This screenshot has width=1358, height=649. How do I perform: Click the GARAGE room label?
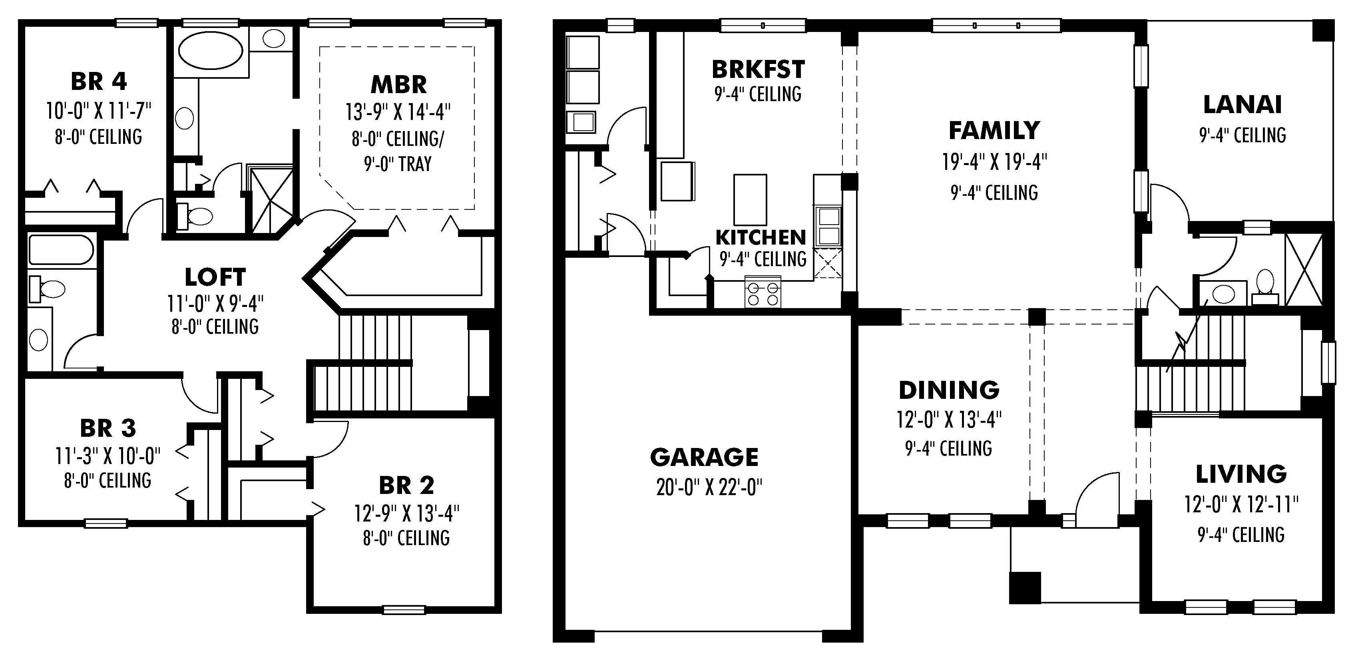(x=704, y=457)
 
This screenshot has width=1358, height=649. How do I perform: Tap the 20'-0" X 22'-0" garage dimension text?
(x=709, y=488)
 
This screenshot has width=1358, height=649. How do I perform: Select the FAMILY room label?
(x=994, y=131)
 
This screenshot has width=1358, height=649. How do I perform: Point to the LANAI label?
(x=1242, y=104)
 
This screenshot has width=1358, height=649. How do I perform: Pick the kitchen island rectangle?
(x=750, y=200)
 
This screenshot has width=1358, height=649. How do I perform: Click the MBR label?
(x=398, y=84)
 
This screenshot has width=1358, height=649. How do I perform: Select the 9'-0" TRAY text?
(x=398, y=164)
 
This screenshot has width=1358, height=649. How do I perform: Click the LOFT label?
(x=215, y=277)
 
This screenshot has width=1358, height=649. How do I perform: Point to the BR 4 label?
(x=99, y=82)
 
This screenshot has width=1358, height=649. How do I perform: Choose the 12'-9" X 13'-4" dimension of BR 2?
(x=406, y=513)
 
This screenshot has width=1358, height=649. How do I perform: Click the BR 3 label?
(x=108, y=428)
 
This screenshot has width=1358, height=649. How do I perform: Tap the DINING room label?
(x=949, y=390)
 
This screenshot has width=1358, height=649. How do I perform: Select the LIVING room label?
(x=1241, y=474)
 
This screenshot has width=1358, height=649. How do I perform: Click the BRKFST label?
(x=758, y=69)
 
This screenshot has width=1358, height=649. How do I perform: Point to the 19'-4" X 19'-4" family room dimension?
(x=994, y=162)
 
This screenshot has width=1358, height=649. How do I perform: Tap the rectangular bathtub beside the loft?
(x=61, y=250)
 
